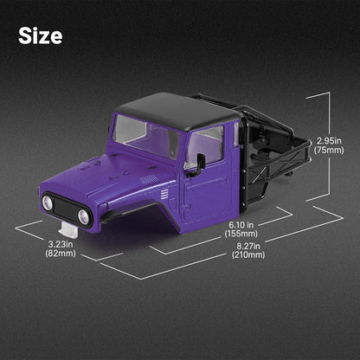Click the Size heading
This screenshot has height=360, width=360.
pyautogui.click(x=40, y=35)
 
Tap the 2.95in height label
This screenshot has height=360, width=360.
pyautogui.click(x=329, y=141)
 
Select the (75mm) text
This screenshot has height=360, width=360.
pyautogui.click(x=329, y=151)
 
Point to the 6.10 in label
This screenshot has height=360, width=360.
pyautogui.click(x=241, y=224)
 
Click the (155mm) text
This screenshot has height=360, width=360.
pyautogui.click(x=241, y=234)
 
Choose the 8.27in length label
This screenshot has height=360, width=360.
pyautogui.click(x=248, y=246)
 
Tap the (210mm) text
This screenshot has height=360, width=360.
pyautogui.click(x=248, y=255)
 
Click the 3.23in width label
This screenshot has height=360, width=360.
pyautogui.click(x=61, y=244)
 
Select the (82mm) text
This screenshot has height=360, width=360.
pyautogui.click(x=61, y=254)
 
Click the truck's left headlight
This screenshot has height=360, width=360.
pyautogui.click(x=48, y=202)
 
